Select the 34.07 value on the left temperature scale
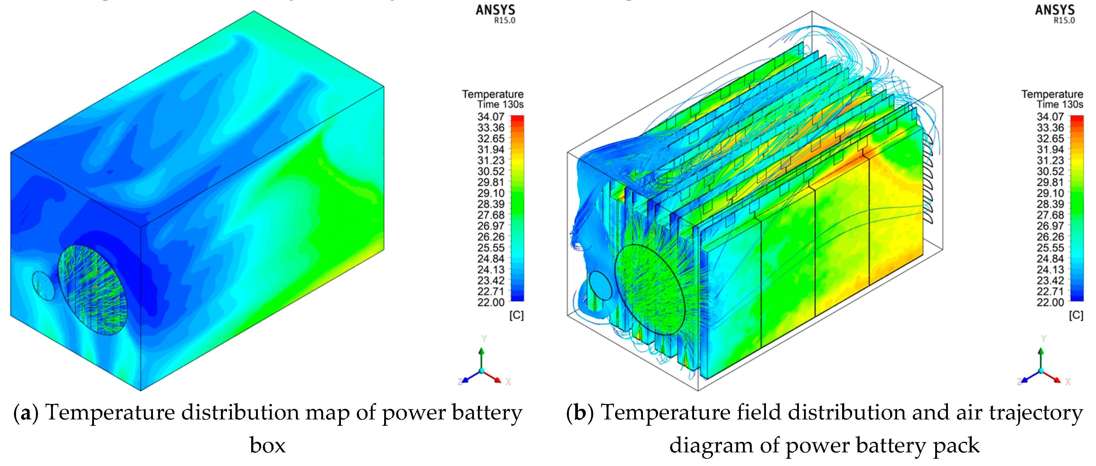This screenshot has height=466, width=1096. click(x=491, y=117)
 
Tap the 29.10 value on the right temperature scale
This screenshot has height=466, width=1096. click(x=1050, y=193)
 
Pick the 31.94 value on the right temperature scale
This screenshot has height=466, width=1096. click(x=1050, y=149)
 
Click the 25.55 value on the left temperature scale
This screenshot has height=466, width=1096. click(x=491, y=248)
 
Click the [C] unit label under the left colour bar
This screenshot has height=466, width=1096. click(x=517, y=315)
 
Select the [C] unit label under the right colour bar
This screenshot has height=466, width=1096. click(x=1076, y=315)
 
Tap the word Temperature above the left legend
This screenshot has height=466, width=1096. click(x=493, y=94)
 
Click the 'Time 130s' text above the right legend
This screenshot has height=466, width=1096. click(x=1060, y=104)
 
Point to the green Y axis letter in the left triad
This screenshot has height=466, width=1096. click(x=484, y=339)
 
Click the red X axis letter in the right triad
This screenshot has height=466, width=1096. click(x=1068, y=382)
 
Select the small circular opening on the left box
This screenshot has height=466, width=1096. click(x=44, y=285)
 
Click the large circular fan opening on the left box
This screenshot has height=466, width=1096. click(x=92, y=289)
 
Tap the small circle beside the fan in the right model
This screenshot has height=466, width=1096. click(x=600, y=285)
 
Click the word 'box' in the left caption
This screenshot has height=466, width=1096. click(x=268, y=445)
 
